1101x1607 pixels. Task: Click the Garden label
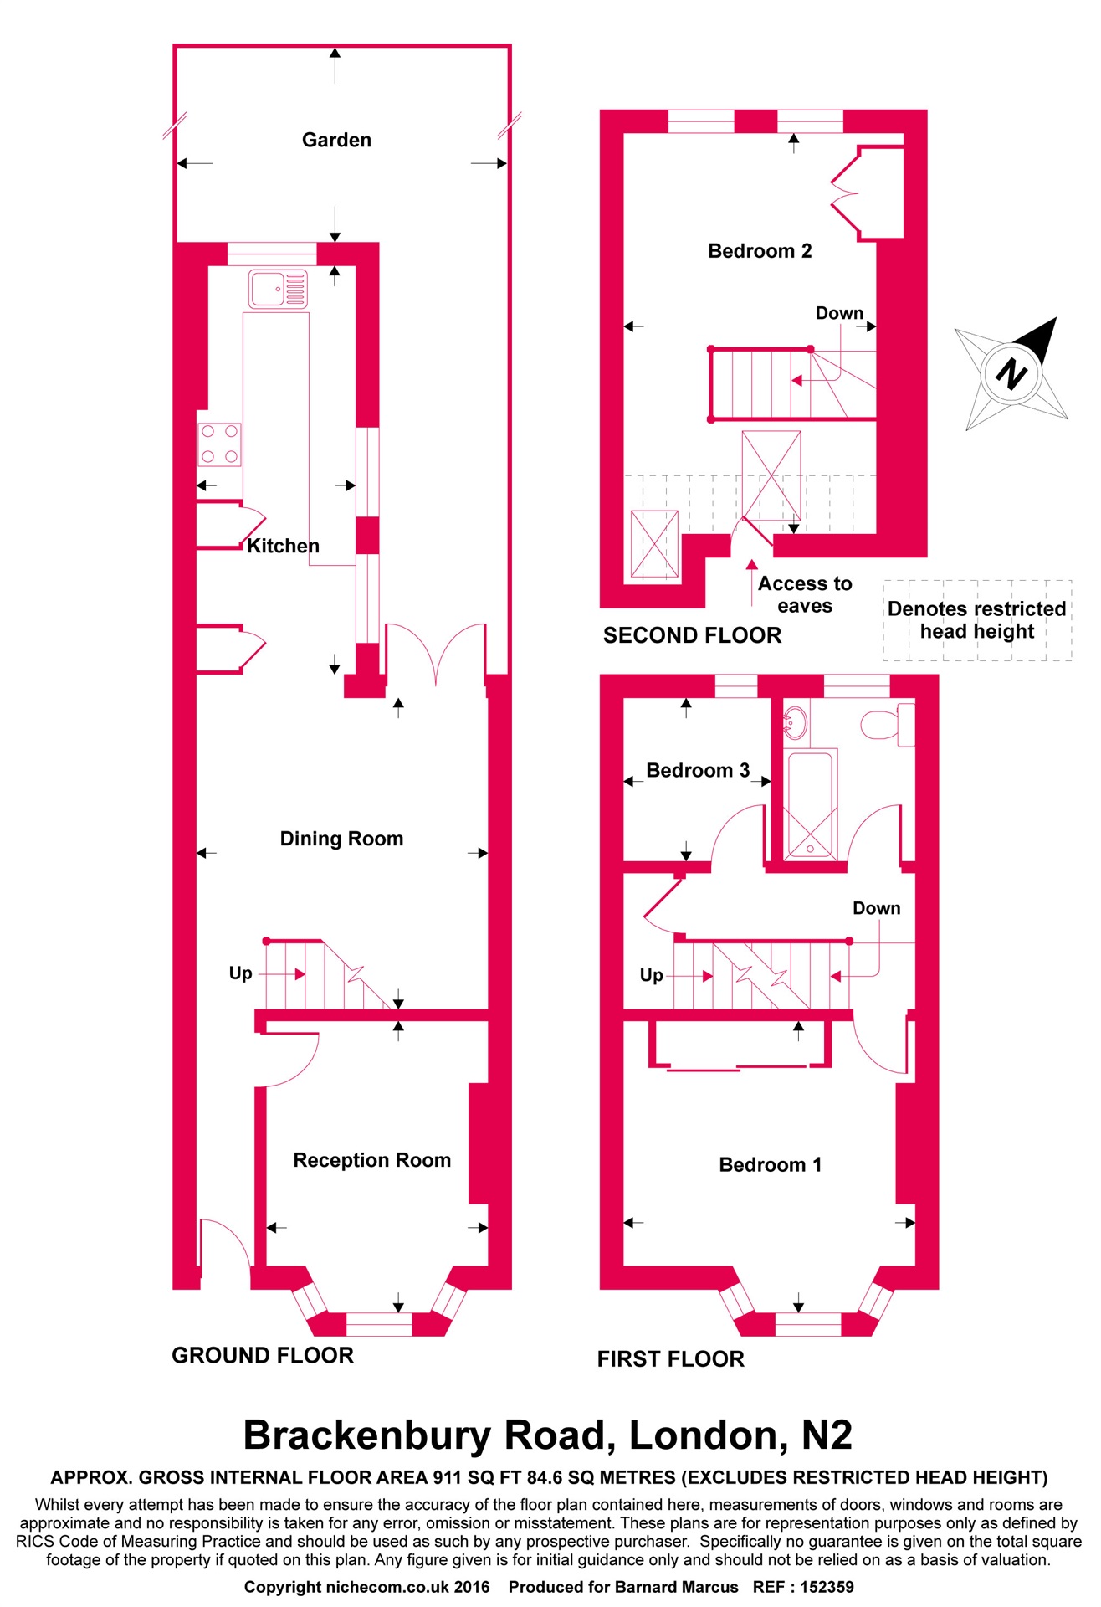coord(336,140)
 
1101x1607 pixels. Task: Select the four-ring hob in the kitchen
coord(219,444)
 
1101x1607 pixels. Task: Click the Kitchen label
coord(283,546)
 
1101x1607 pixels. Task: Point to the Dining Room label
coord(341,839)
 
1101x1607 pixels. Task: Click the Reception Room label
coord(371,1160)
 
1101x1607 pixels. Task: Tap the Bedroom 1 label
coord(770,1164)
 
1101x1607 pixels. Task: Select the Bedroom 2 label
coord(759,251)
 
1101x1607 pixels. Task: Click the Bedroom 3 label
coord(698,770)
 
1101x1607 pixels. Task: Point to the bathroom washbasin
coord(796,721)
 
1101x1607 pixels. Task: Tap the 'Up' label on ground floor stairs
coord(240,973)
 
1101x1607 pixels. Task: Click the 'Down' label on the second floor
coord(839,313)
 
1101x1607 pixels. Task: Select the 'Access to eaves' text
coord(804,594)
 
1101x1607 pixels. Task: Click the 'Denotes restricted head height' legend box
coord(977,620)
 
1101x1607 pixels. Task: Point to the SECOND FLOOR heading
coord(692,635)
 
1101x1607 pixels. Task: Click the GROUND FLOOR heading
coord(263,1355)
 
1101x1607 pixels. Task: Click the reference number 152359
coord(827,1587)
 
